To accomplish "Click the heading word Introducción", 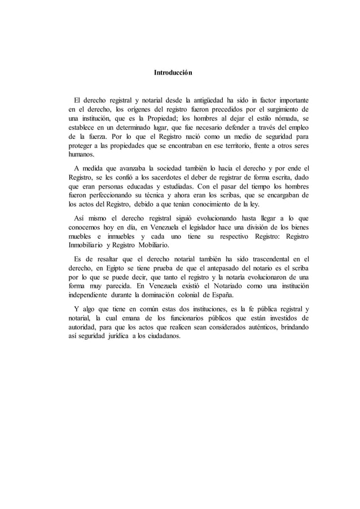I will (x=173, y=73).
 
